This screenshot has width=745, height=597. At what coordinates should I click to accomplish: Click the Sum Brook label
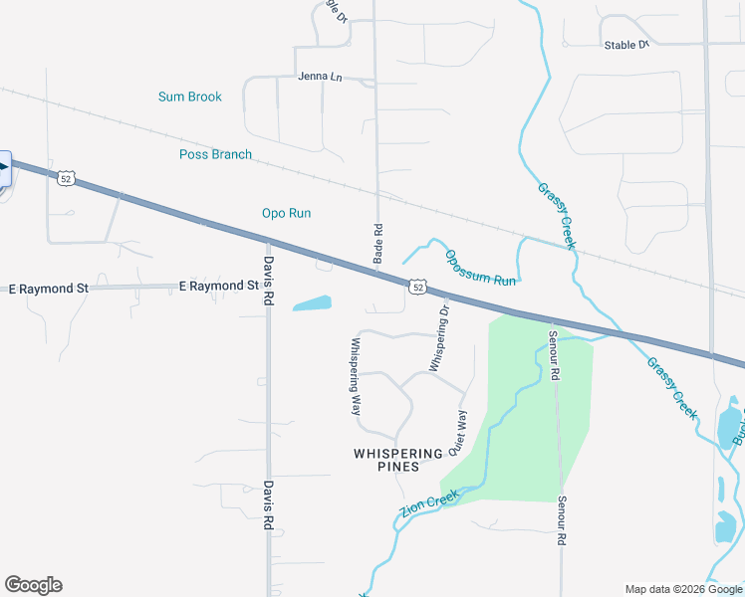coord(189,97)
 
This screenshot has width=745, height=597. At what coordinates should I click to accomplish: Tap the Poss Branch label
coord(215,154)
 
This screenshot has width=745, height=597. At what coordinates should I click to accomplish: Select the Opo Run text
coord(286,213)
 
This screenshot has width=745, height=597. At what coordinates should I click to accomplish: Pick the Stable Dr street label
coord(626,45)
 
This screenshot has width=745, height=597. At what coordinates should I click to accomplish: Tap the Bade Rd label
coord(378,243)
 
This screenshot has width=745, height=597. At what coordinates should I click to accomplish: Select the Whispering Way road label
coord(356,376)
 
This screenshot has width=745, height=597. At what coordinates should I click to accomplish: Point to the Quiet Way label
coord(457,433)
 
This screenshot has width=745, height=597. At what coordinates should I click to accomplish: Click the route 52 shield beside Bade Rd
coord(418,287)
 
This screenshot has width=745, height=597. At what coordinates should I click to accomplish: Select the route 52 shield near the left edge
coord(66,178)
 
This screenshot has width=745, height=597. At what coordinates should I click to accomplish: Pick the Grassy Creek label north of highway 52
coord(557,215)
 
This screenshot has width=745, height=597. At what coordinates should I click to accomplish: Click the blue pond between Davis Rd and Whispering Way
coord(313,303)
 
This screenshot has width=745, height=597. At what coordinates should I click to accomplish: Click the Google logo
coord(33,585)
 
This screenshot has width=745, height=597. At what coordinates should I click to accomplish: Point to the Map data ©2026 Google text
coord(682,588)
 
